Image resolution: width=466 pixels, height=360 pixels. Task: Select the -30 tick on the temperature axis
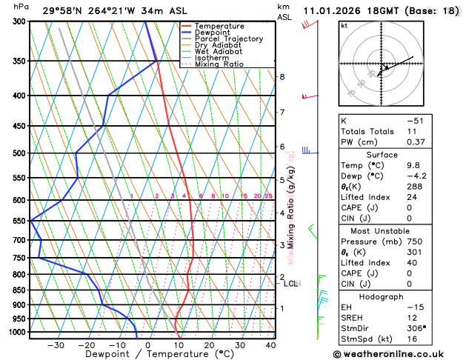pos(56,345)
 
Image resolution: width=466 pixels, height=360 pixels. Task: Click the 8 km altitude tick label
pos(282,77)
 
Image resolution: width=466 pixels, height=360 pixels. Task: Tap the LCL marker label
pos(290,284)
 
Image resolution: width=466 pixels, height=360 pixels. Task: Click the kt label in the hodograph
pos(344,26)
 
